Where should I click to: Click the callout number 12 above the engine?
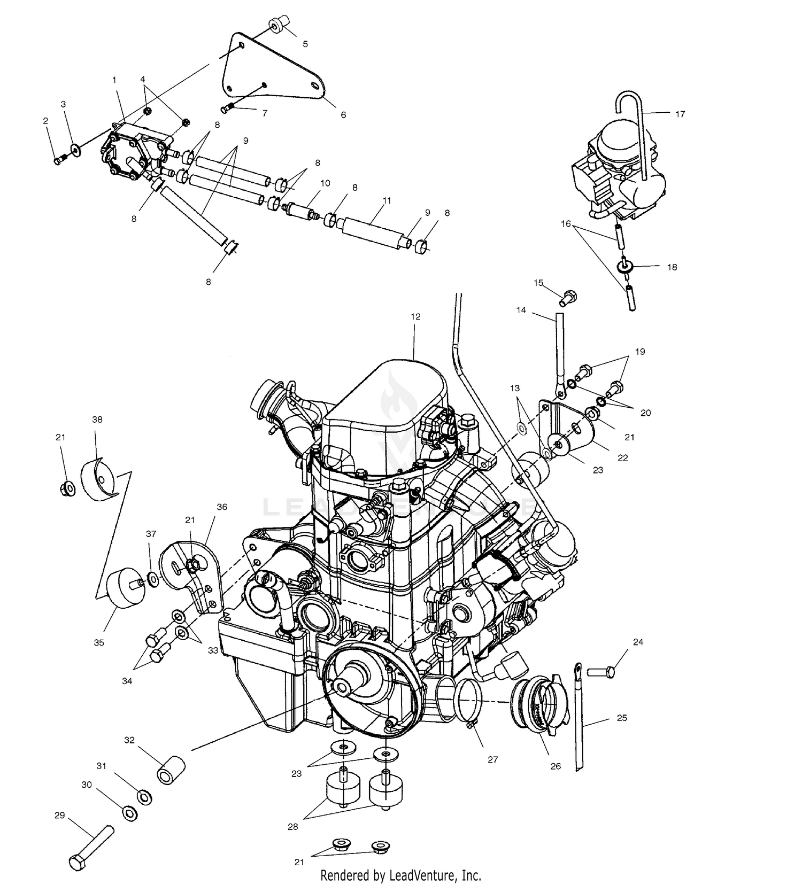[415, 316]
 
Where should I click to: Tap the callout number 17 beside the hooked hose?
[680, 114]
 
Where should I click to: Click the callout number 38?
[97, 420]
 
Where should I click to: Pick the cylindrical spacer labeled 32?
[171, 769]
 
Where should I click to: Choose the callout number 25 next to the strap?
[622, 718]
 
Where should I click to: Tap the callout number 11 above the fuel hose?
[387, 201]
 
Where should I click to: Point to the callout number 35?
[99, 642]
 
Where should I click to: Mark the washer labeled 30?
[129, 813]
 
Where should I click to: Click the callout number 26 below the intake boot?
[556, 766]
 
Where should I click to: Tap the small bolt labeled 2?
[59, 159]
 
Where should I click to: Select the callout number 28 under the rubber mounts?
[293, 826]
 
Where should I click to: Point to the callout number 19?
[640, 352]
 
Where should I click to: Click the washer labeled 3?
[76, 149]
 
